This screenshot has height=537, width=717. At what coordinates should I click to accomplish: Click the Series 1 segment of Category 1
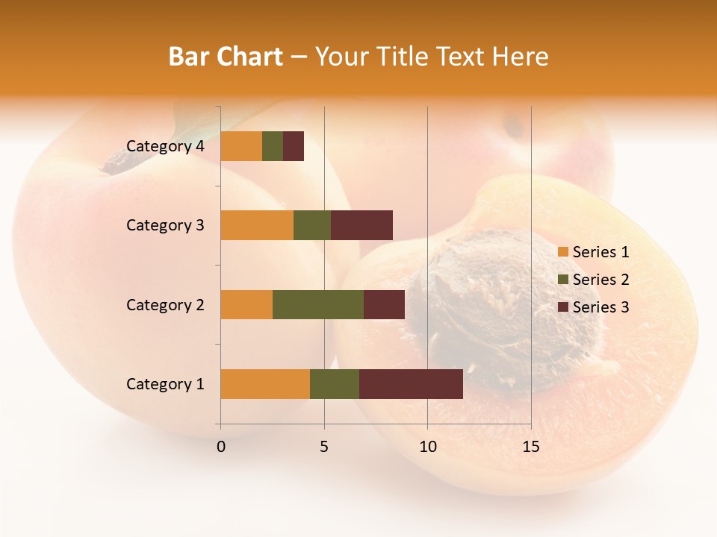pyautogui.click(x=265, y=383)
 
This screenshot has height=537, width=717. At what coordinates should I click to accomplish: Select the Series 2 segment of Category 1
pyautogui.click(x=335, y=383)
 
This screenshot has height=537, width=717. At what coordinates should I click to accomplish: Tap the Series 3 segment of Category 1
pyautogui.click(x=411, y=383)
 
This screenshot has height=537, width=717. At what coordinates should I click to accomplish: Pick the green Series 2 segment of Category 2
pyautogui.click(x=318, y=304)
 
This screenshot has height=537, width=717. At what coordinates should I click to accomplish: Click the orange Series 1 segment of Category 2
pyautogui.click(x=246, y=304)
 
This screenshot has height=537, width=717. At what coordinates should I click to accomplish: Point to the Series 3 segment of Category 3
pyautogui.click(x=361, y=225)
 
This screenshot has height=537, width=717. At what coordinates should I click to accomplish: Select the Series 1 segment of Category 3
pyautogui.click(x=257, y=225)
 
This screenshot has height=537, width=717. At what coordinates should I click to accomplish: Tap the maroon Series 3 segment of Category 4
pyautogui.click(x=294, y=146)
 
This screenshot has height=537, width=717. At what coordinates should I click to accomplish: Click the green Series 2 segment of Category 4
pyautogui.click(x=273, y=146)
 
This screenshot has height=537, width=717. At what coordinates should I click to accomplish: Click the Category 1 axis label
pyautogui.click(x=165, y=384)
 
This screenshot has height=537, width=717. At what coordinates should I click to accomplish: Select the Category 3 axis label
pyautogui.click(x=165, y=225)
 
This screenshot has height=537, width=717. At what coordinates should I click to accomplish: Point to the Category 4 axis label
pyautogui.click(x=165, y=146)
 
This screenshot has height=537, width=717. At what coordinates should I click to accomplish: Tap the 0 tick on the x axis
pyautogui.click(x=221, y=447)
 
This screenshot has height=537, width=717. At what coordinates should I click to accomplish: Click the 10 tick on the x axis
pyautogui.click(x=427, y=447)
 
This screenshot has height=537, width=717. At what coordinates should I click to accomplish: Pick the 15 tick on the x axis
pyautogui.click(x=530, y=447)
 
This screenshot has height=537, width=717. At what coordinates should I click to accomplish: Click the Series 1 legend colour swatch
pyautogui.click(x=563, y=252)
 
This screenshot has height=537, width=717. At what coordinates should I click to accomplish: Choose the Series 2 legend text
pyautogui.click(x=600, y=280)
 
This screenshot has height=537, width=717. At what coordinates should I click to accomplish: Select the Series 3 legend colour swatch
pyautogui.click(x=563, y=307)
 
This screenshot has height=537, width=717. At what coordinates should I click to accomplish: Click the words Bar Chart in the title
pyautogui.click(x=226, y=57)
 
